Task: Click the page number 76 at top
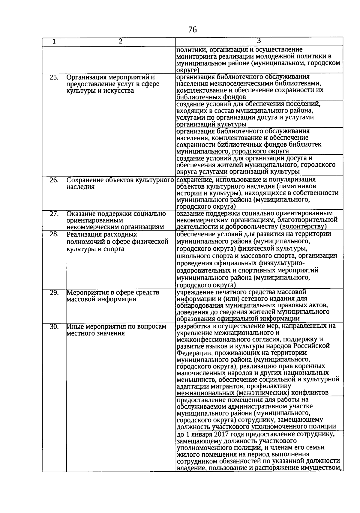coord(192,29)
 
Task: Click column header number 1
coord(54,42)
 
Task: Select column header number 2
coord(120,42)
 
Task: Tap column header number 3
coord(259,41)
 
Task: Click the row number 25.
coord(54,77)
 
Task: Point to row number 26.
coord(54,180)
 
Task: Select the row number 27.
coord(54,213)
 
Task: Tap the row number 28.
coord(54,234)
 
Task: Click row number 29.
coord(54,292)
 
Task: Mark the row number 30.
coord(54,327)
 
